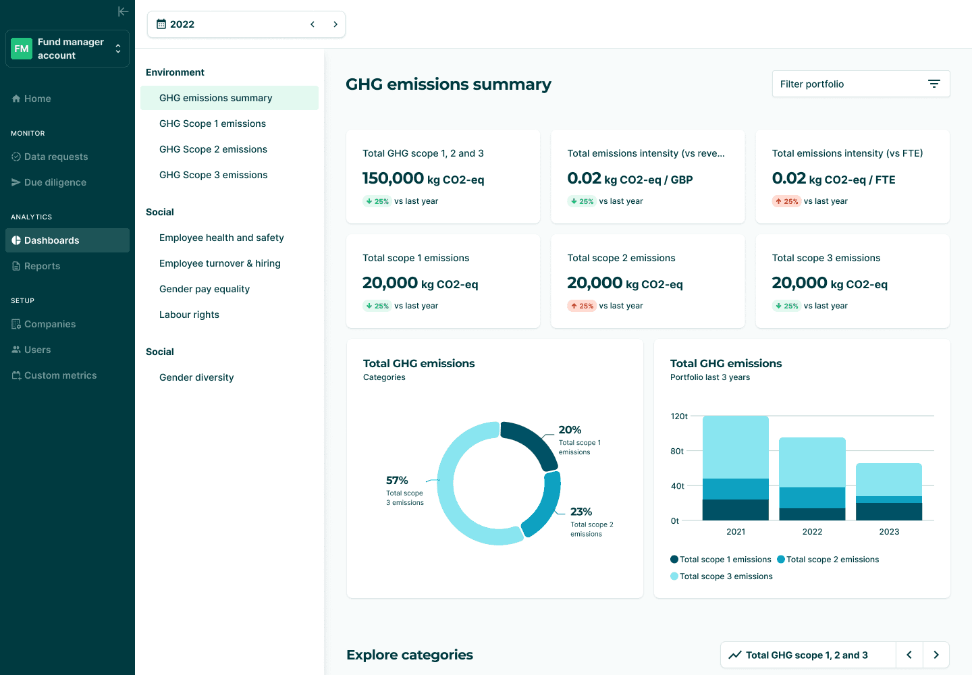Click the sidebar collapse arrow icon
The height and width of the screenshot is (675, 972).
pos(124,11)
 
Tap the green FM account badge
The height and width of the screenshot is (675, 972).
pos(22,49)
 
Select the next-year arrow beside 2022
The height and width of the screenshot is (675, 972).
pos(335,24)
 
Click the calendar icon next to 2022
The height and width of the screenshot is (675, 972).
pos(161,24)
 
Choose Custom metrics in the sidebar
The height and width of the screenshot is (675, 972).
pos(54,375)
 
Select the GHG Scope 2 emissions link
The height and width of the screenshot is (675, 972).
pos(213,149)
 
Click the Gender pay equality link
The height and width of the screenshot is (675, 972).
pos(205,289)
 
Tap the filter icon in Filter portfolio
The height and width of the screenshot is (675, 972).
pos(934,84)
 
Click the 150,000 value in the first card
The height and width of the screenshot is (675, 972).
pos(393,178)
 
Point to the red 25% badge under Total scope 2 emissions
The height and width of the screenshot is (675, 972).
pos(582,306)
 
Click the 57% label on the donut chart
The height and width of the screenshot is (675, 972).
pos(397,480)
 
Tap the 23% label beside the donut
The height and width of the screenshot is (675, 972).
pos(581,512)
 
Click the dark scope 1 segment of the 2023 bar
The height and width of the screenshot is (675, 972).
pos(889,512)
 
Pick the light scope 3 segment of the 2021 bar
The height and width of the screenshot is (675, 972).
pos(736,448)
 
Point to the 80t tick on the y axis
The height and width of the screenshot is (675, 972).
pos(677,451)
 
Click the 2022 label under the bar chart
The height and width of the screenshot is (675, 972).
pos(812,531)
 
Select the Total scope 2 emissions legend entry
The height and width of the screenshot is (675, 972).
pos(828,559)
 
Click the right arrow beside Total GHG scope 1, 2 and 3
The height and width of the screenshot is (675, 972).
pos(936,655)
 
